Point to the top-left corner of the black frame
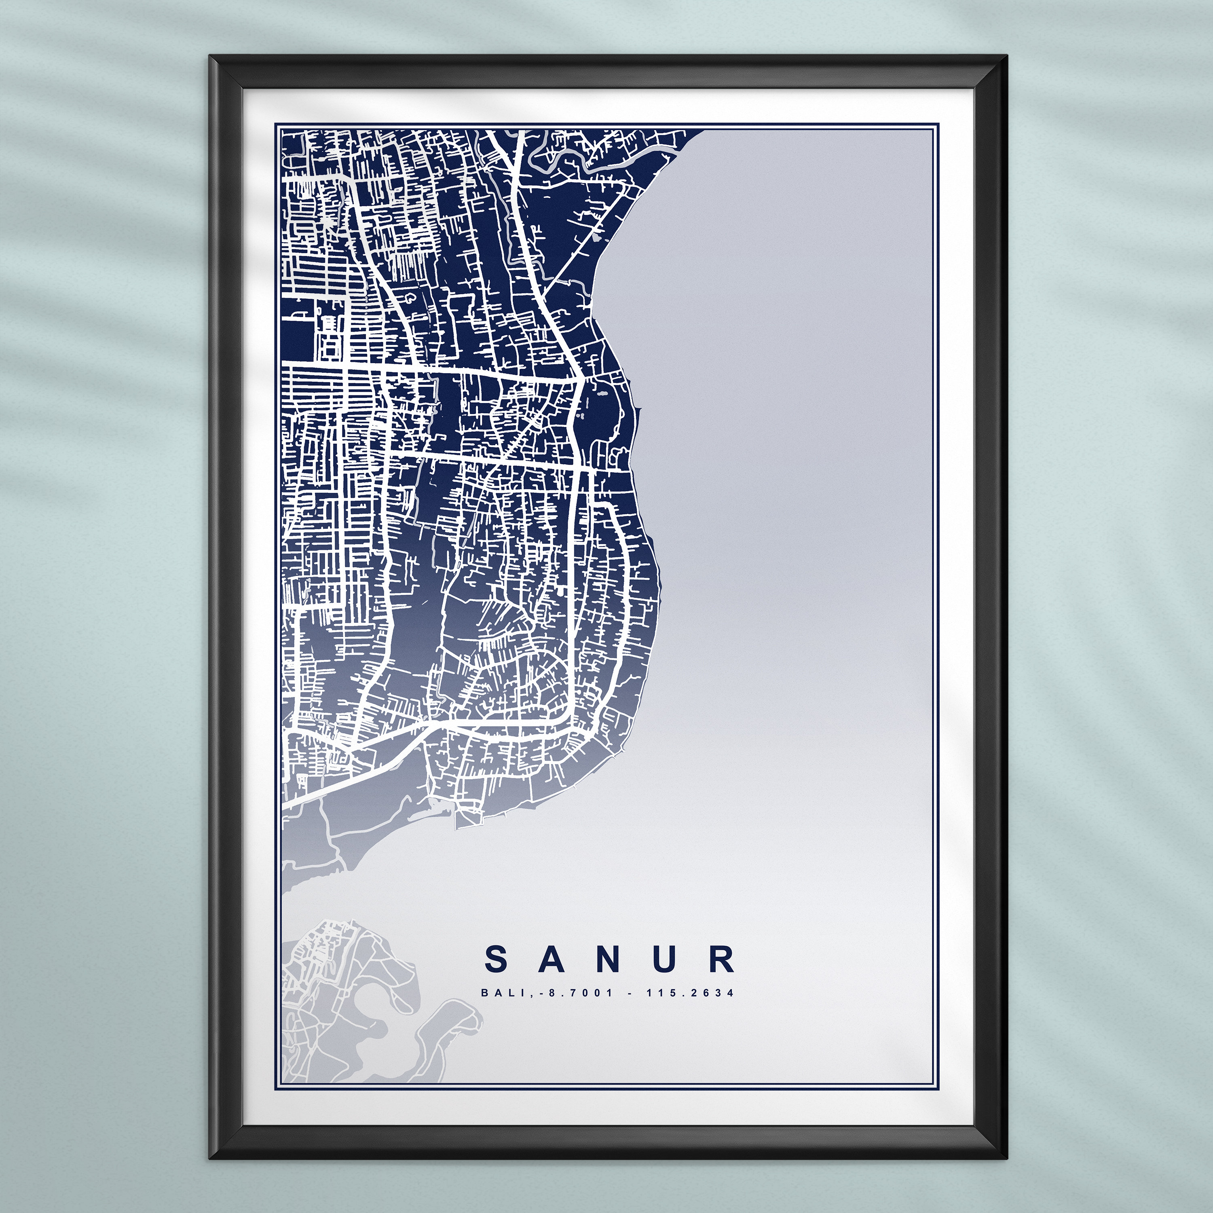click(212, 58)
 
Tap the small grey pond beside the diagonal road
click(593, 239)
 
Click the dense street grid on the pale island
click(317, 942)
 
